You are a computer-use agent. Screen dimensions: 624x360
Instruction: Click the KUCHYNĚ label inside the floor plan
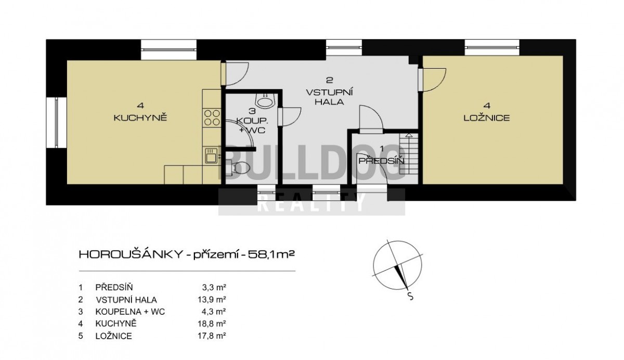(x=140, y=118)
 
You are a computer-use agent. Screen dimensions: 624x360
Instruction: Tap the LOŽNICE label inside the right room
(x=487, y=118)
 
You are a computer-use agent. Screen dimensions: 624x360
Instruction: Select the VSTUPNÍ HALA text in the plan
(x=329, y=97)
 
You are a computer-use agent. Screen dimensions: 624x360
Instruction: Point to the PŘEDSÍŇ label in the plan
(x=381, y=161)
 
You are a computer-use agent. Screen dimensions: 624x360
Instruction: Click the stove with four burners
(x=212, y=117)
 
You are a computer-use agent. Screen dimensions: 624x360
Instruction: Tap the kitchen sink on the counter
(x=211, y=155)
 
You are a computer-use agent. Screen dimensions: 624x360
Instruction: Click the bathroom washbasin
(x=266, y=100)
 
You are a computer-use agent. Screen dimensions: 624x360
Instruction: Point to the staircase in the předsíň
(x=409, y=153)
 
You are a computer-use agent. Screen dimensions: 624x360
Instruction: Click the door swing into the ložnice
(x=433, y=80)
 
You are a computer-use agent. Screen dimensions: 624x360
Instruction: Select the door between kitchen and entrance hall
(x=235, y=73)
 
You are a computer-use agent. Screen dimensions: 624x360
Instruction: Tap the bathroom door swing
(x=290, y=117)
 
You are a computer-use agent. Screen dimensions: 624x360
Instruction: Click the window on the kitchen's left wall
(x=56, y=122)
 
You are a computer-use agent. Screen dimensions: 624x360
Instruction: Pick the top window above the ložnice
(x=492, y=48)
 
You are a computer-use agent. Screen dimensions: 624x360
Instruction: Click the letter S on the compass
(x=410, y=296)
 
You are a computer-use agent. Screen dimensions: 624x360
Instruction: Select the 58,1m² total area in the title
(x=271, y=254)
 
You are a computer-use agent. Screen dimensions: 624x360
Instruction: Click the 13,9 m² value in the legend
(x=212, y=300)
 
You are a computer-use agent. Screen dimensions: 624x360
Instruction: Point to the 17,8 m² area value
(x=212, y=336)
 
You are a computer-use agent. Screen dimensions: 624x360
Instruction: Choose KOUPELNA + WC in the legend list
(x=130, y=312)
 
